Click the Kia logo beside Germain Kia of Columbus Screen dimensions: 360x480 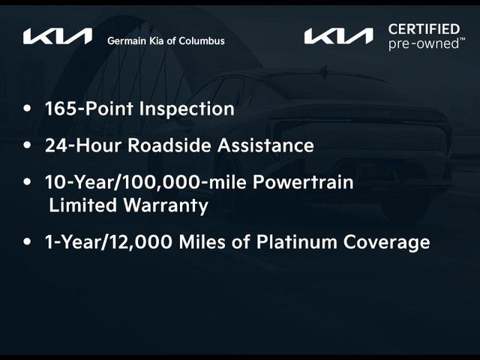[x=58, y=36]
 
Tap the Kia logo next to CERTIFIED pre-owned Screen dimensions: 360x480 [x=338, y=36]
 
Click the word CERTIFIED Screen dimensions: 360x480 [x=424, y=29]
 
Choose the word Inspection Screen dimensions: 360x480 [x=190, y=109]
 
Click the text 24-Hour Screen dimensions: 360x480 [x=82, y=145]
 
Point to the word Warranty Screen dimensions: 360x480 [x=169, y=205]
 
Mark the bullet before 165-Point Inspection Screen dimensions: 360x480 [x=28, y=109]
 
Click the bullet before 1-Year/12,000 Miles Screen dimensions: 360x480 [x=28, y=242]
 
